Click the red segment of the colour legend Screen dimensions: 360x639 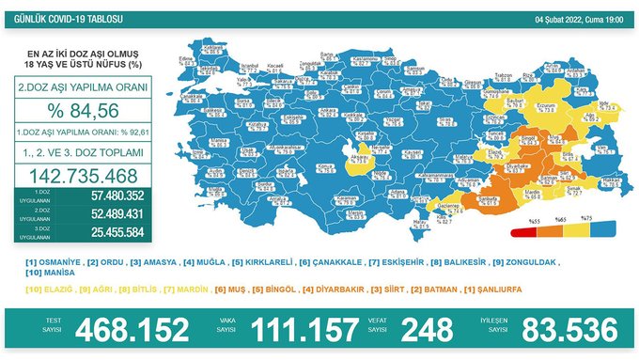coord(520,230)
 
